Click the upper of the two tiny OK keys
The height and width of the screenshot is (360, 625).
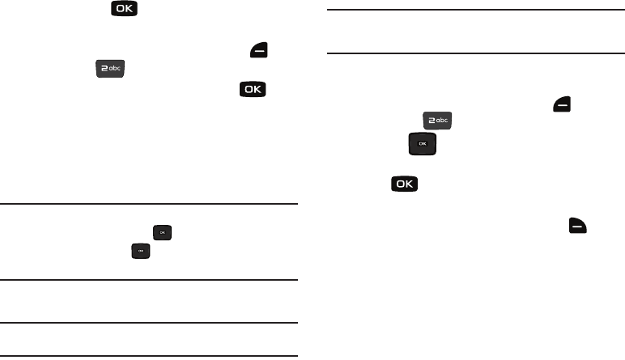click(x=162, y=233)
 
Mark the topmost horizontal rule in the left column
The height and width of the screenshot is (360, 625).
click(x=149, y=204)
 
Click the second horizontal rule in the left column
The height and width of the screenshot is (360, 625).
click(x=149, y=281)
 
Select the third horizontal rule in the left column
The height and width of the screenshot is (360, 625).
click(x=149, y=324)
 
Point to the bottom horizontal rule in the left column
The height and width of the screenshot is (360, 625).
click(x=149, y=356)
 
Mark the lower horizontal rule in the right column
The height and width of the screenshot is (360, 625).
click(x=476, y=55)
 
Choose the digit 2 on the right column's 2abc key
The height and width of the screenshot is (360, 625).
click(x=430, y=121)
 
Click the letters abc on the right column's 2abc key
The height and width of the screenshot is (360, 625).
click(x=441, y=121)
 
